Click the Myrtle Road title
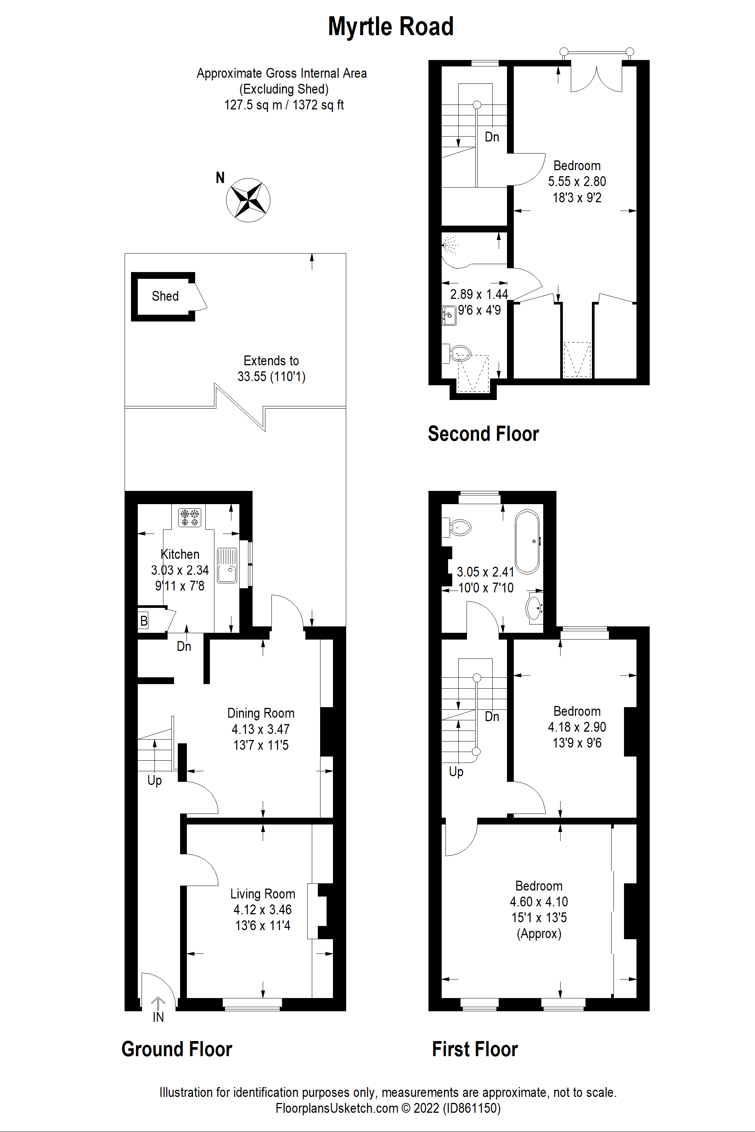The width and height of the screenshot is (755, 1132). [390, 26]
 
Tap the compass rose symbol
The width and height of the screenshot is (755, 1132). [248, 200]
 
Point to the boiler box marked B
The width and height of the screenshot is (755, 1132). [143, 621]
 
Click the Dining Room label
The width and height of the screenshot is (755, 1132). [260, 713]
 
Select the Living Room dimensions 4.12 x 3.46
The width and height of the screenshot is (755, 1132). [262, 910]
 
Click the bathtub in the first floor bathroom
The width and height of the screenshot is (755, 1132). [527, 541]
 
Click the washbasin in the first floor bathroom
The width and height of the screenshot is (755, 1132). [535, 609]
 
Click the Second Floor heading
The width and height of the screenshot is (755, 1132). [483, 434]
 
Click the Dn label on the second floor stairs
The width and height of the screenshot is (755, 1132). [492, 137]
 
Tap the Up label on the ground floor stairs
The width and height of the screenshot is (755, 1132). [154, 780]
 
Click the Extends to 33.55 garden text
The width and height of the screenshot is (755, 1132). [271, 369]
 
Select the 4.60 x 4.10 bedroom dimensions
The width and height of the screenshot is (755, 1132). [539, 901]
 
